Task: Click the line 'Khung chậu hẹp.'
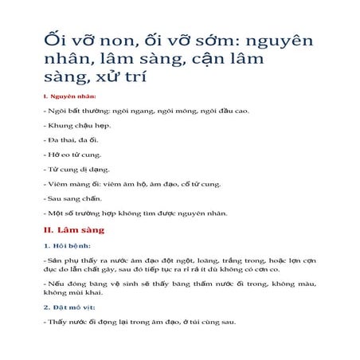(77, 126)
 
